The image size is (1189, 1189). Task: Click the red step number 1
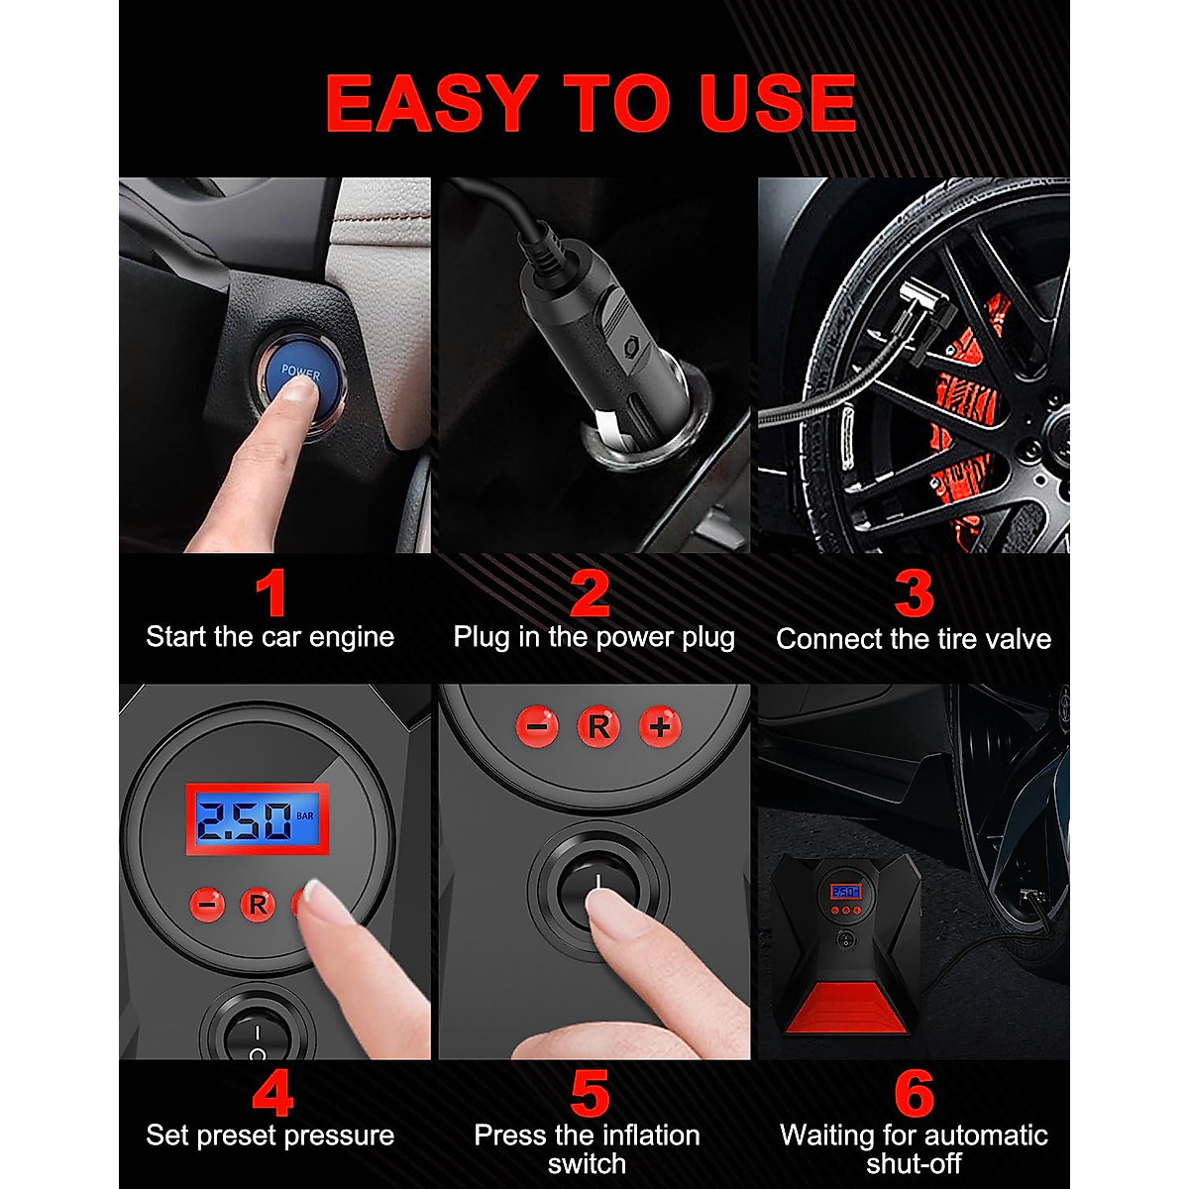pyautogui.click(x=270, y=594)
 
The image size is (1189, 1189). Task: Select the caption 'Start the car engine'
pyautogui.click(x=270, y=637)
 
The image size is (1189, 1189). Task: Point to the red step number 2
pyautogui.click(x=591, y=594)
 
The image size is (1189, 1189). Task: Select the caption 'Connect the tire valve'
pyautogui.click(x=913, y=639)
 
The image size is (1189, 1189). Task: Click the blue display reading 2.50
pyautogui.click(x=258, y=819)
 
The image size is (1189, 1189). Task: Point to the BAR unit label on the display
pyautogui.click(x=307, y=816)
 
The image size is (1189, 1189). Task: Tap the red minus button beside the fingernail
pyautogui.click(x=207, y=904)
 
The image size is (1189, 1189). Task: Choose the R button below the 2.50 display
pyautogui.click(x=258, y=904)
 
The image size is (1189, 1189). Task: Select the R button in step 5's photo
pyautogui.click(x=598, y=726)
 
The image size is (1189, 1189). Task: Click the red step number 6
pyautogui.click(x=913, y=1094)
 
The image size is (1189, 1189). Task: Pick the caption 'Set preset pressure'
pyautogui.click(x=270, y=1135)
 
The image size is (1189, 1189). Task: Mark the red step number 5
pyautogui.click(x=591, y=1094)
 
